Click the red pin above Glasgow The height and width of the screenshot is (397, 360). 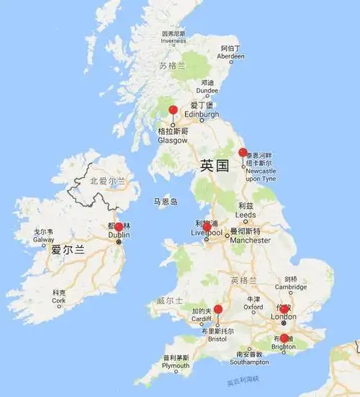click(x=173, y=110)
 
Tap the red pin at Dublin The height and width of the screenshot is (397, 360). click(x=119, y=228)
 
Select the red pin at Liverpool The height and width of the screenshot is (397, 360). click(x=207, y=228)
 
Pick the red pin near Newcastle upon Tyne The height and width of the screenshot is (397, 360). click(x=243, y=153)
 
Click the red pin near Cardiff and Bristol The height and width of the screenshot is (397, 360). click(x=218, y=310)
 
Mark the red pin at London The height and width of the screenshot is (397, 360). click(x=284, y=309)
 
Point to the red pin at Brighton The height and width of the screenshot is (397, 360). click(x=284, y=338)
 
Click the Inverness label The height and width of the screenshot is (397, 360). click(x=173, y=41)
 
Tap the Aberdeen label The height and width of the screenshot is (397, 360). click(x=230, y=55)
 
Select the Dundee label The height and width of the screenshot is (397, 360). click(x=207, y=91)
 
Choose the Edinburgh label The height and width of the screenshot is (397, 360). click(x=202, y=114)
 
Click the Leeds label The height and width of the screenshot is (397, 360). click(x=245, y=215)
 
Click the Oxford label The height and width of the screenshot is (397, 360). click(x=253, y=307)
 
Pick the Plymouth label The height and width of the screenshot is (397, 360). click(x=176, y=366)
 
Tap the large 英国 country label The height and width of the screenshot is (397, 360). click(x=215, y=166)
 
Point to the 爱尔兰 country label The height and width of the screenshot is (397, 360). click(x=68, y=251)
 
